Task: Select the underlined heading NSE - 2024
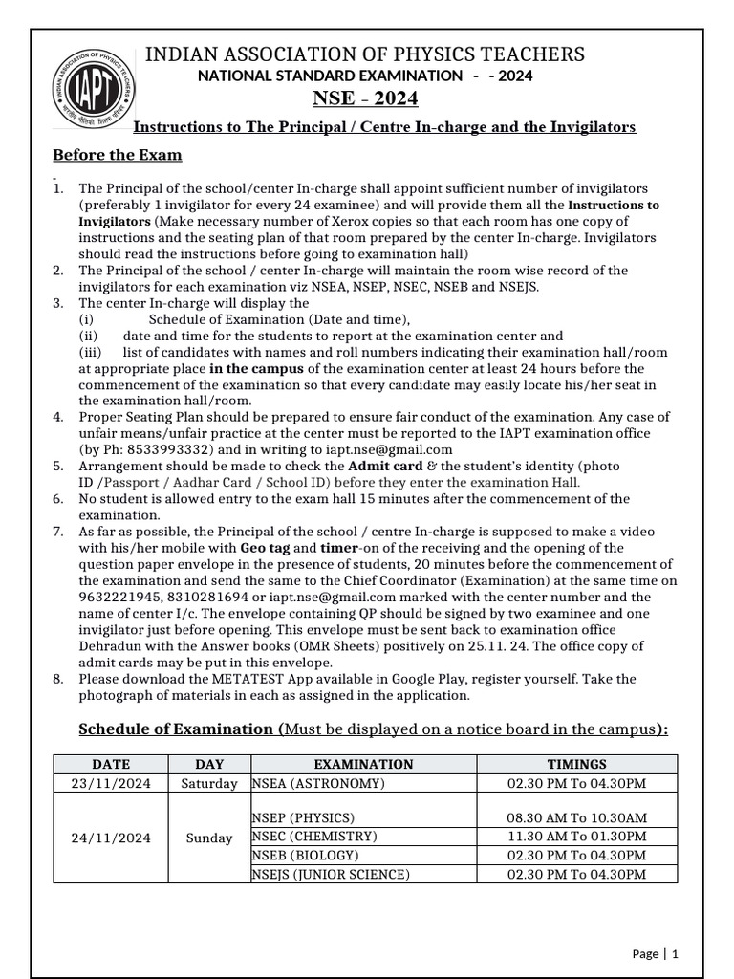365,99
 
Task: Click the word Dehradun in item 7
108,645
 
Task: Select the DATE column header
110,764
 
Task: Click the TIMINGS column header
576,764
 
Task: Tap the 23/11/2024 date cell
110,784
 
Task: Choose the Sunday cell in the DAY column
208,838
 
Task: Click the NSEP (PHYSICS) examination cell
303,818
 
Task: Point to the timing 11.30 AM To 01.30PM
576,837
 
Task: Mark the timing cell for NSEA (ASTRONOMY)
576,784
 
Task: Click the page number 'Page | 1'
655,953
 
